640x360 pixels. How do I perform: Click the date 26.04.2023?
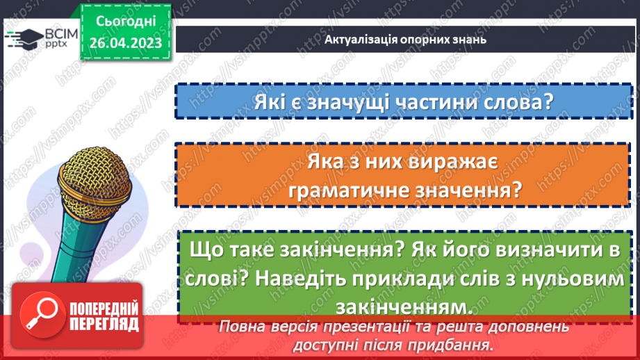coord(125,43)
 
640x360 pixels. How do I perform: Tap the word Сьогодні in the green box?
coord(125,23)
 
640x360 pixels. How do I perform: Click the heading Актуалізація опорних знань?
coord(405,39)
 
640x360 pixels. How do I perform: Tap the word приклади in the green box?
coord(404,278)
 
